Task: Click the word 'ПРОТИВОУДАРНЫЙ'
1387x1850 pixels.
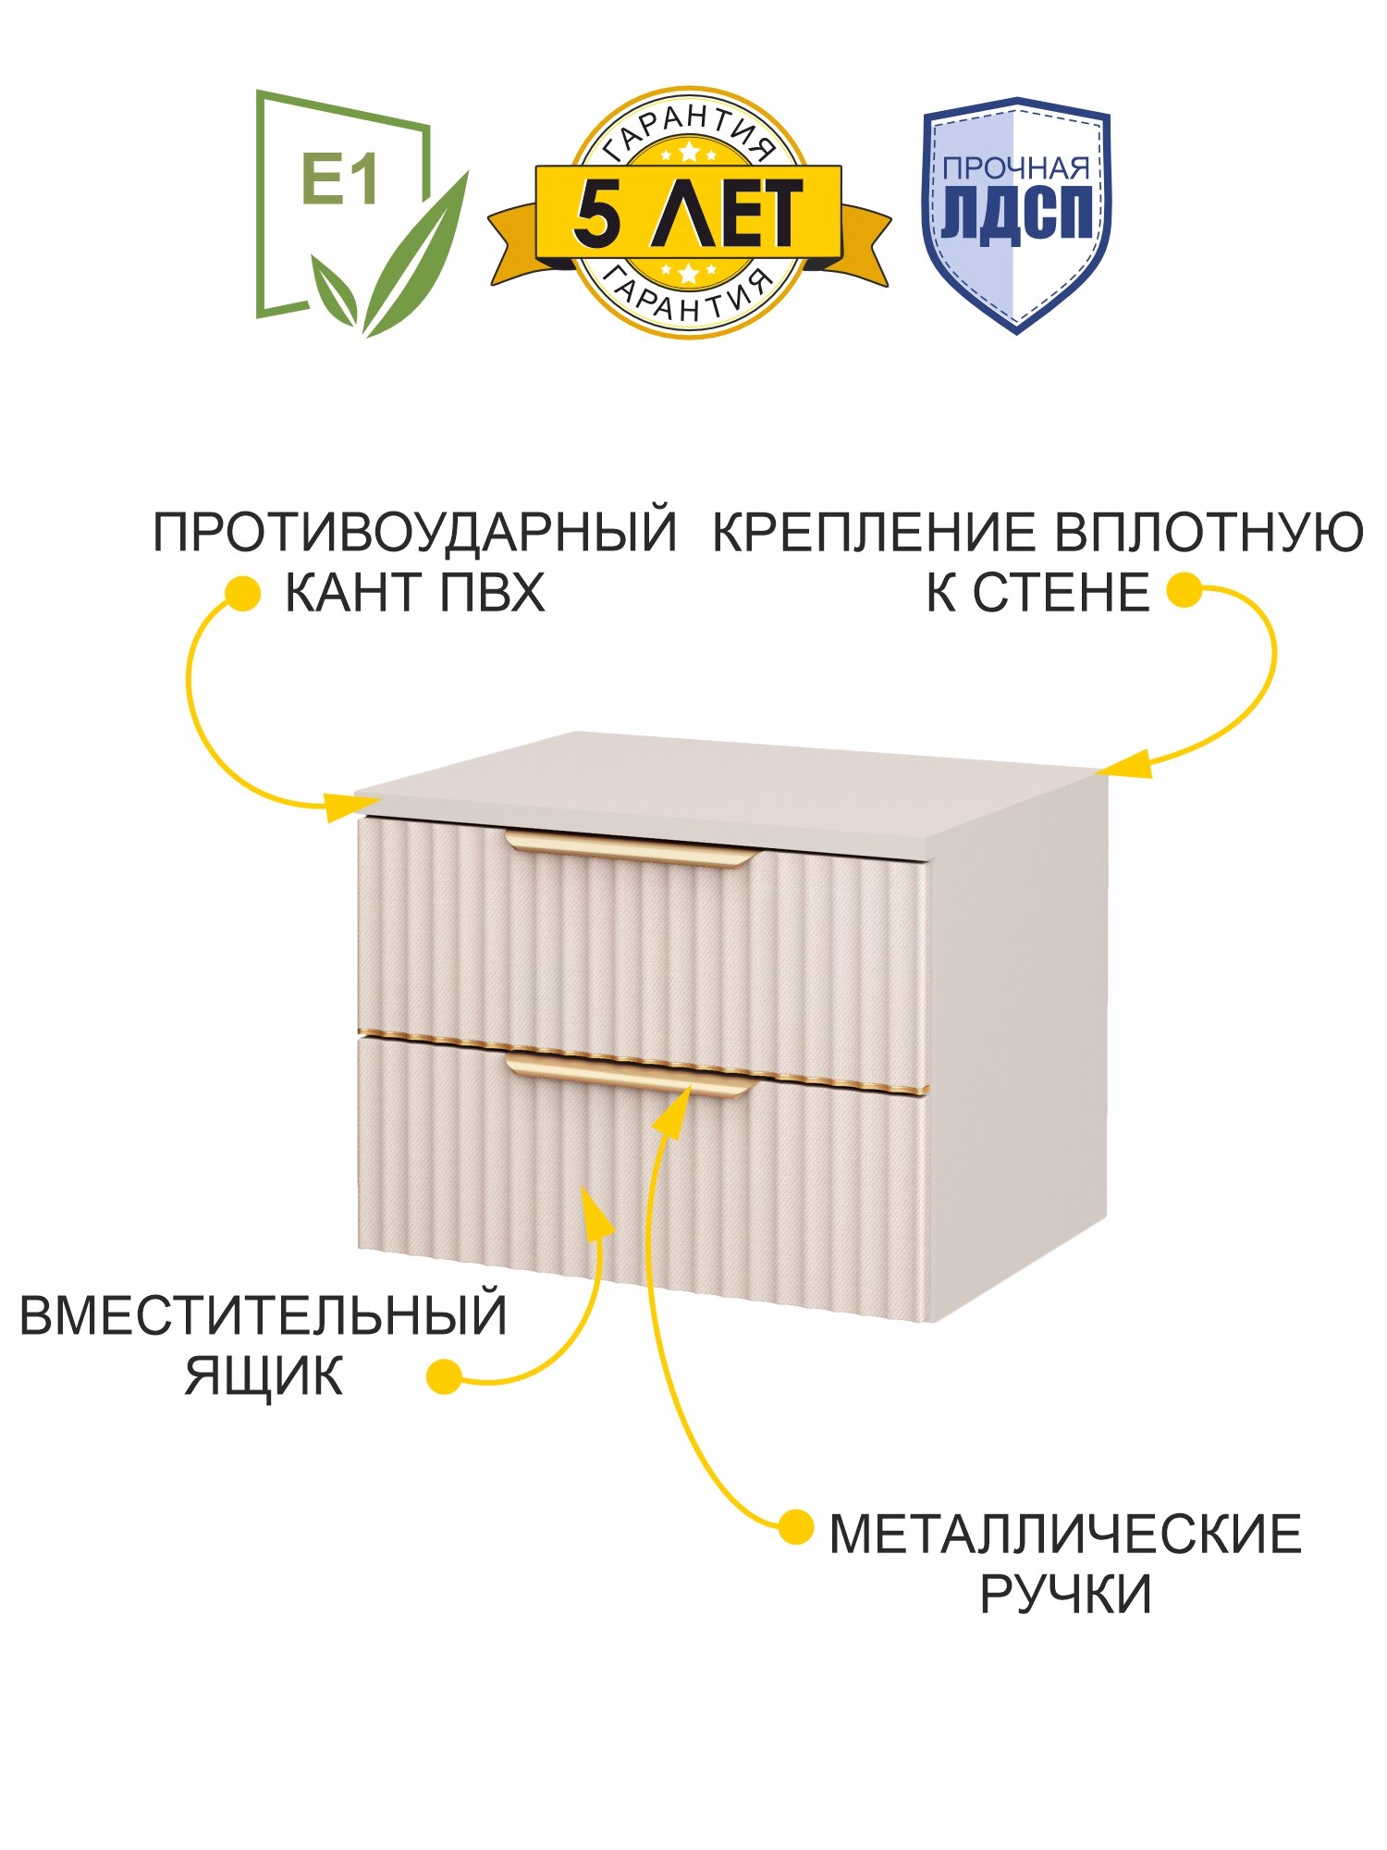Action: (x=414, y=533)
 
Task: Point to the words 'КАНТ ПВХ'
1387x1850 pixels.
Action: (x=414, y=593)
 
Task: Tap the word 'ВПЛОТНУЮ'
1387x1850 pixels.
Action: (x=1209, y=533)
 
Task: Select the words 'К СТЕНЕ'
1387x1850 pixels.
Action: (x=1037, y=593)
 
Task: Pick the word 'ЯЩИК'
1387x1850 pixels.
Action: (x=264, y=1375)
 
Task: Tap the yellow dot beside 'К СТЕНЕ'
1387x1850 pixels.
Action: (x=1184, y=590)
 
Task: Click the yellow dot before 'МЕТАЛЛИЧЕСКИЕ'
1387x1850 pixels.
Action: (x=795, y=1528)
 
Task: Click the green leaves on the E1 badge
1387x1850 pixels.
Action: (x=407, y=268)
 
